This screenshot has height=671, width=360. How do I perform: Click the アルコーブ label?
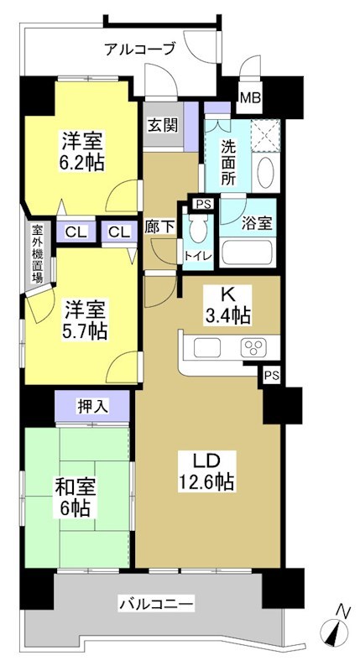click(x=140, y=49)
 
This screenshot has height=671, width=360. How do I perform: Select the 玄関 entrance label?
click(x=163, y=125)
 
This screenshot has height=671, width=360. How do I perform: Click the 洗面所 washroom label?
click(x=228, y=160)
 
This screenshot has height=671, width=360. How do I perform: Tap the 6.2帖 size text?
click(x=81, y=161)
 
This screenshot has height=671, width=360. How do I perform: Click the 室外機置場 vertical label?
click(x=36, y=254)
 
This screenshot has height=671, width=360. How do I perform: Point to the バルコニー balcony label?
click(x=156, y=602)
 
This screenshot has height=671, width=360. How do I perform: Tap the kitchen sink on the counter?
click(x=207, y=346)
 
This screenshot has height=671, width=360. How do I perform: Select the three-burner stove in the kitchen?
click(x=253, y=347)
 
